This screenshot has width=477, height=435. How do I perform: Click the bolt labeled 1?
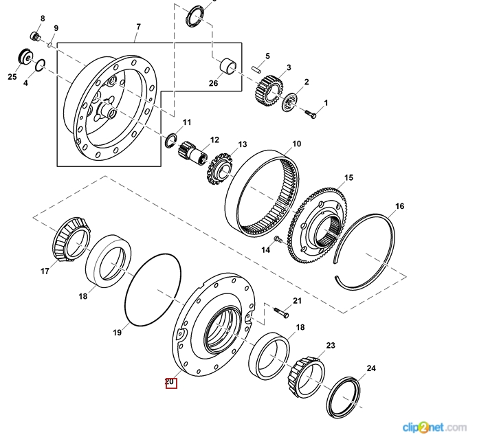pos(311,111)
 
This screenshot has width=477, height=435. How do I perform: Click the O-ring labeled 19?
pos(152,289)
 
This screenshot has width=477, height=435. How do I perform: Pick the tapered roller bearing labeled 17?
pos(69,236)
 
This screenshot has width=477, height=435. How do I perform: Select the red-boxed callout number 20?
pos(170,383)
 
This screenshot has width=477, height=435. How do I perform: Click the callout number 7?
pos(138,27)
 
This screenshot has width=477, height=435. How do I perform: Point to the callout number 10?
pos(296,144)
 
